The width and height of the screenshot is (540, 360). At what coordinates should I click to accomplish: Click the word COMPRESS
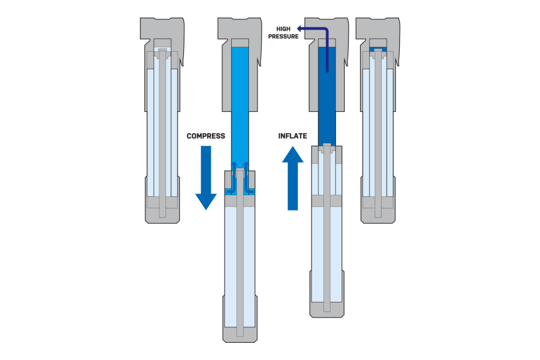pyautogui.click(x=206, y=136)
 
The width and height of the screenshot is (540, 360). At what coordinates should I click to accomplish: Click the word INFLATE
pyautogui.click(x=292, y=136)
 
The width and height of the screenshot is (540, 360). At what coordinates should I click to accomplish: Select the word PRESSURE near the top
pyautogui.click(x=283, y=36)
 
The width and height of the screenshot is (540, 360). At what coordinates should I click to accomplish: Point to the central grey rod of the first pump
pyautogui.click(x=162, y=135)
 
